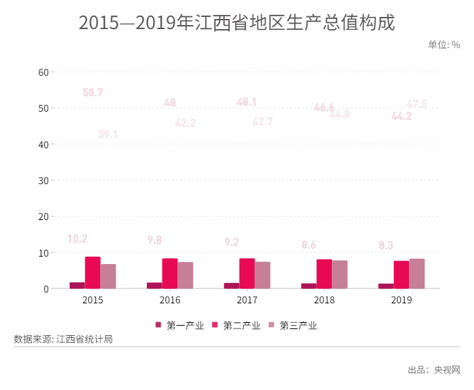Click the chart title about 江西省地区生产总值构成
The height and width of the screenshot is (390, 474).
click(x=236, y=22)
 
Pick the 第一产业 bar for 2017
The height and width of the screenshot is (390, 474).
click(x=232, y=286)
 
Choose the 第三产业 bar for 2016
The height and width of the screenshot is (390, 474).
click(x=186, y=276)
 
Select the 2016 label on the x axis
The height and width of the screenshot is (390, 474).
click(x=170, y=300)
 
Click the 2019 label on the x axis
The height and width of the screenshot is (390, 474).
click(x=402, y=300)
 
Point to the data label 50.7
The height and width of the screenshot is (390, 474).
click(x=93, y=93)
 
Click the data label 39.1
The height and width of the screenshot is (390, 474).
click(x=108, y=135)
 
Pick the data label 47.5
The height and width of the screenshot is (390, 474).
click(x=416, y=104)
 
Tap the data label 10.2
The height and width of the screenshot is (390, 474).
click(x=78, y=239)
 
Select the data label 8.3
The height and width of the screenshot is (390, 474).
click(x=386, y=245)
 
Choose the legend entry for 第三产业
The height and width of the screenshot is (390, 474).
click(x=293, y=325)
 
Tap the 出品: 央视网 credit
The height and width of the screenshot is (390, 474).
click(x=433, y=370)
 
